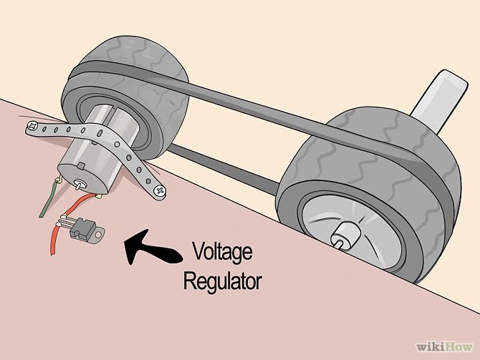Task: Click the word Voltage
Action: (x=223, y=253)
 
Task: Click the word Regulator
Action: (x=223, y=281)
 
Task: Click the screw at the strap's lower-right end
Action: (x=159, y=190)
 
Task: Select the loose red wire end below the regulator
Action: (x=53, y=243)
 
